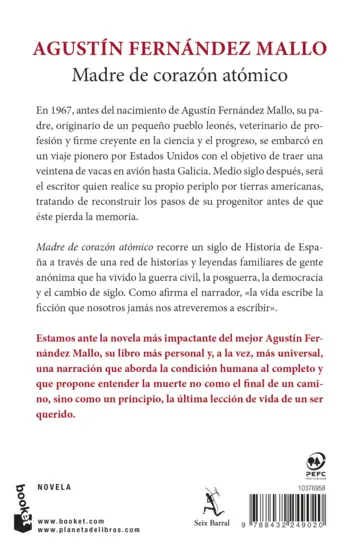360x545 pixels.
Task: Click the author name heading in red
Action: [x=180, y=52]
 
